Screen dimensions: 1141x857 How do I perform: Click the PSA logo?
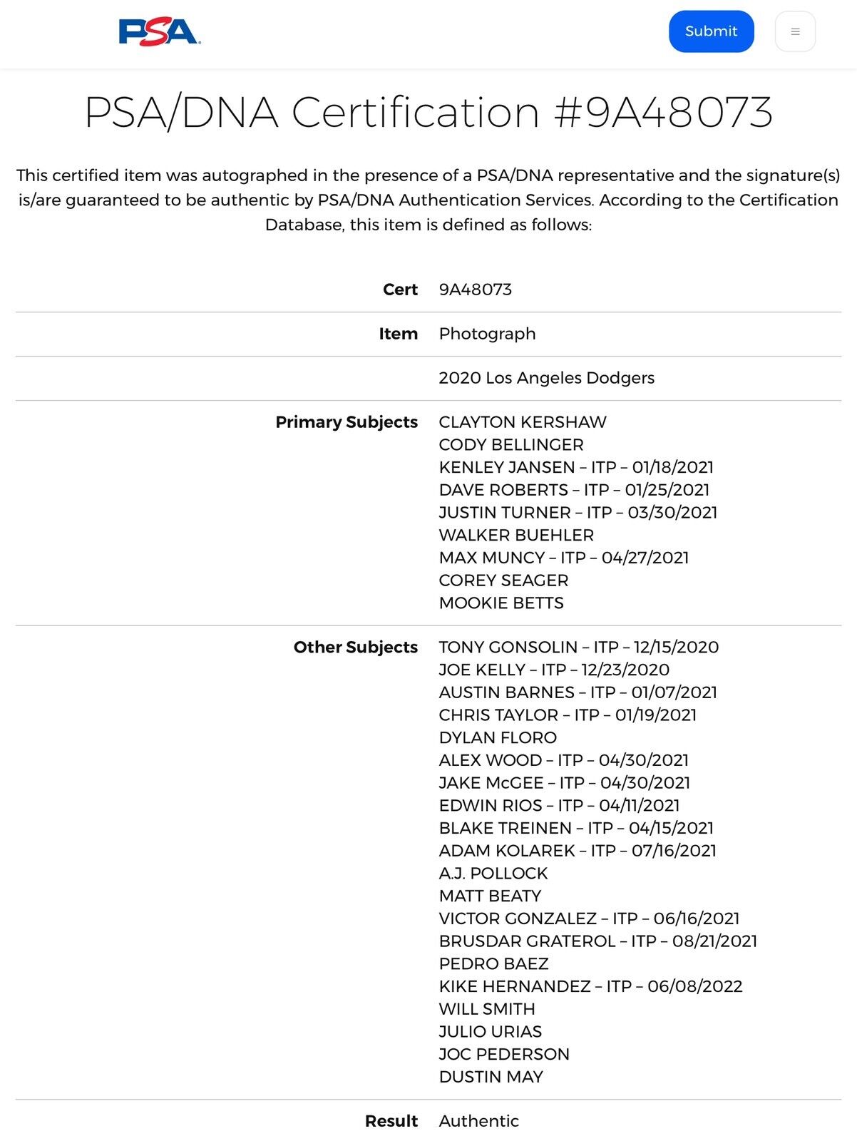click(x=159, y=32)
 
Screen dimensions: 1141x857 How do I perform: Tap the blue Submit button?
click(x=711, y=31)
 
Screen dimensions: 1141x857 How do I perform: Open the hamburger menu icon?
click(x=795, y=32)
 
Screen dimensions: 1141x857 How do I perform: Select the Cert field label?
click(x=400, y=290)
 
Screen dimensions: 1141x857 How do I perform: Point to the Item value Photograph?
click(x=487, y=334)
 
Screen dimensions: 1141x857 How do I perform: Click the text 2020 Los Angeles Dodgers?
click(x=546, y=378)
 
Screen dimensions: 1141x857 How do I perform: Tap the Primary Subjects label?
click(x=347, y=422)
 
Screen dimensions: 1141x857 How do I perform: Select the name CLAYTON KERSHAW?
click(x=523, y=422)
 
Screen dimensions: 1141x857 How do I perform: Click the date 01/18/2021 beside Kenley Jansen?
click(x=672, y=467)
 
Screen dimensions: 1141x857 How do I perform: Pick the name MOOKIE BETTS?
click(x=501, y=603)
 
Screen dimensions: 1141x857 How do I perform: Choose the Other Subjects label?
click(x=356, y=648)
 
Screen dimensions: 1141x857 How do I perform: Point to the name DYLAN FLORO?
click(x=498, y=737)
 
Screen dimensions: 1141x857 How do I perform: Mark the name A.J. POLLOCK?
click(x=493, y=874)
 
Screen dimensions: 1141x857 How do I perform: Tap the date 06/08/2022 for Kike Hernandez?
click(x=695, y=986)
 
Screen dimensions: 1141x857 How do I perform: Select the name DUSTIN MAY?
click(x=491, y=1077)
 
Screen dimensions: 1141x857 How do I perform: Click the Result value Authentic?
click(x=478, y=1121)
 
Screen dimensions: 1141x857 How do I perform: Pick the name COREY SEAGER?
click(x=503, y=580)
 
